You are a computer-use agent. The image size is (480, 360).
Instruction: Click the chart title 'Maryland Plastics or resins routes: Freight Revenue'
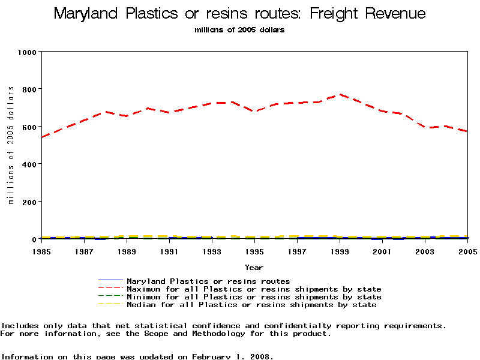point(239,14)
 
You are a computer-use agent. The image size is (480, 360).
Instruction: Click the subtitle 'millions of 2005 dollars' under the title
point(239,29)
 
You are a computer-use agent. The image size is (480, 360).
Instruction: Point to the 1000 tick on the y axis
point(28,52)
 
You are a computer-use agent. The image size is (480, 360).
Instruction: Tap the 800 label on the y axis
point(30,89)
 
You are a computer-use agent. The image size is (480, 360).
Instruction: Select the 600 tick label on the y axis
point(30,127)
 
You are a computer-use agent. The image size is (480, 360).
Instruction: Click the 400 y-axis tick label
point(30,164)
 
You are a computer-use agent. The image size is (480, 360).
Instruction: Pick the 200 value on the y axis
point(30,202)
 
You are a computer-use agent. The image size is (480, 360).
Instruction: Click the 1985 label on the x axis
point(41,251)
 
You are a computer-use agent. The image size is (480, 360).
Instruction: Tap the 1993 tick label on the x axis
point(212,251)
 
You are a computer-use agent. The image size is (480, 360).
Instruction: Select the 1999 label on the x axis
point(340,251)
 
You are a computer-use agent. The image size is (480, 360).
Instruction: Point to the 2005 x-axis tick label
point(467,251)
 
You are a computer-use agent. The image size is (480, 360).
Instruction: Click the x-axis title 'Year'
point(254,267)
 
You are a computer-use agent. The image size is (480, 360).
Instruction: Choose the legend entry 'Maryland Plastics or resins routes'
point(208,281)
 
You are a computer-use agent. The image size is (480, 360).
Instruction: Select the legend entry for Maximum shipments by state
point(254,289)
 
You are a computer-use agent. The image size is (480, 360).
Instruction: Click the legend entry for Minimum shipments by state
point(254,297)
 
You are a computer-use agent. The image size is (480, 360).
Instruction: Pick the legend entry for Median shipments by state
point(251,305)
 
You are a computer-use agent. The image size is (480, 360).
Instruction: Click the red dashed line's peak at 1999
point(340,94)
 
